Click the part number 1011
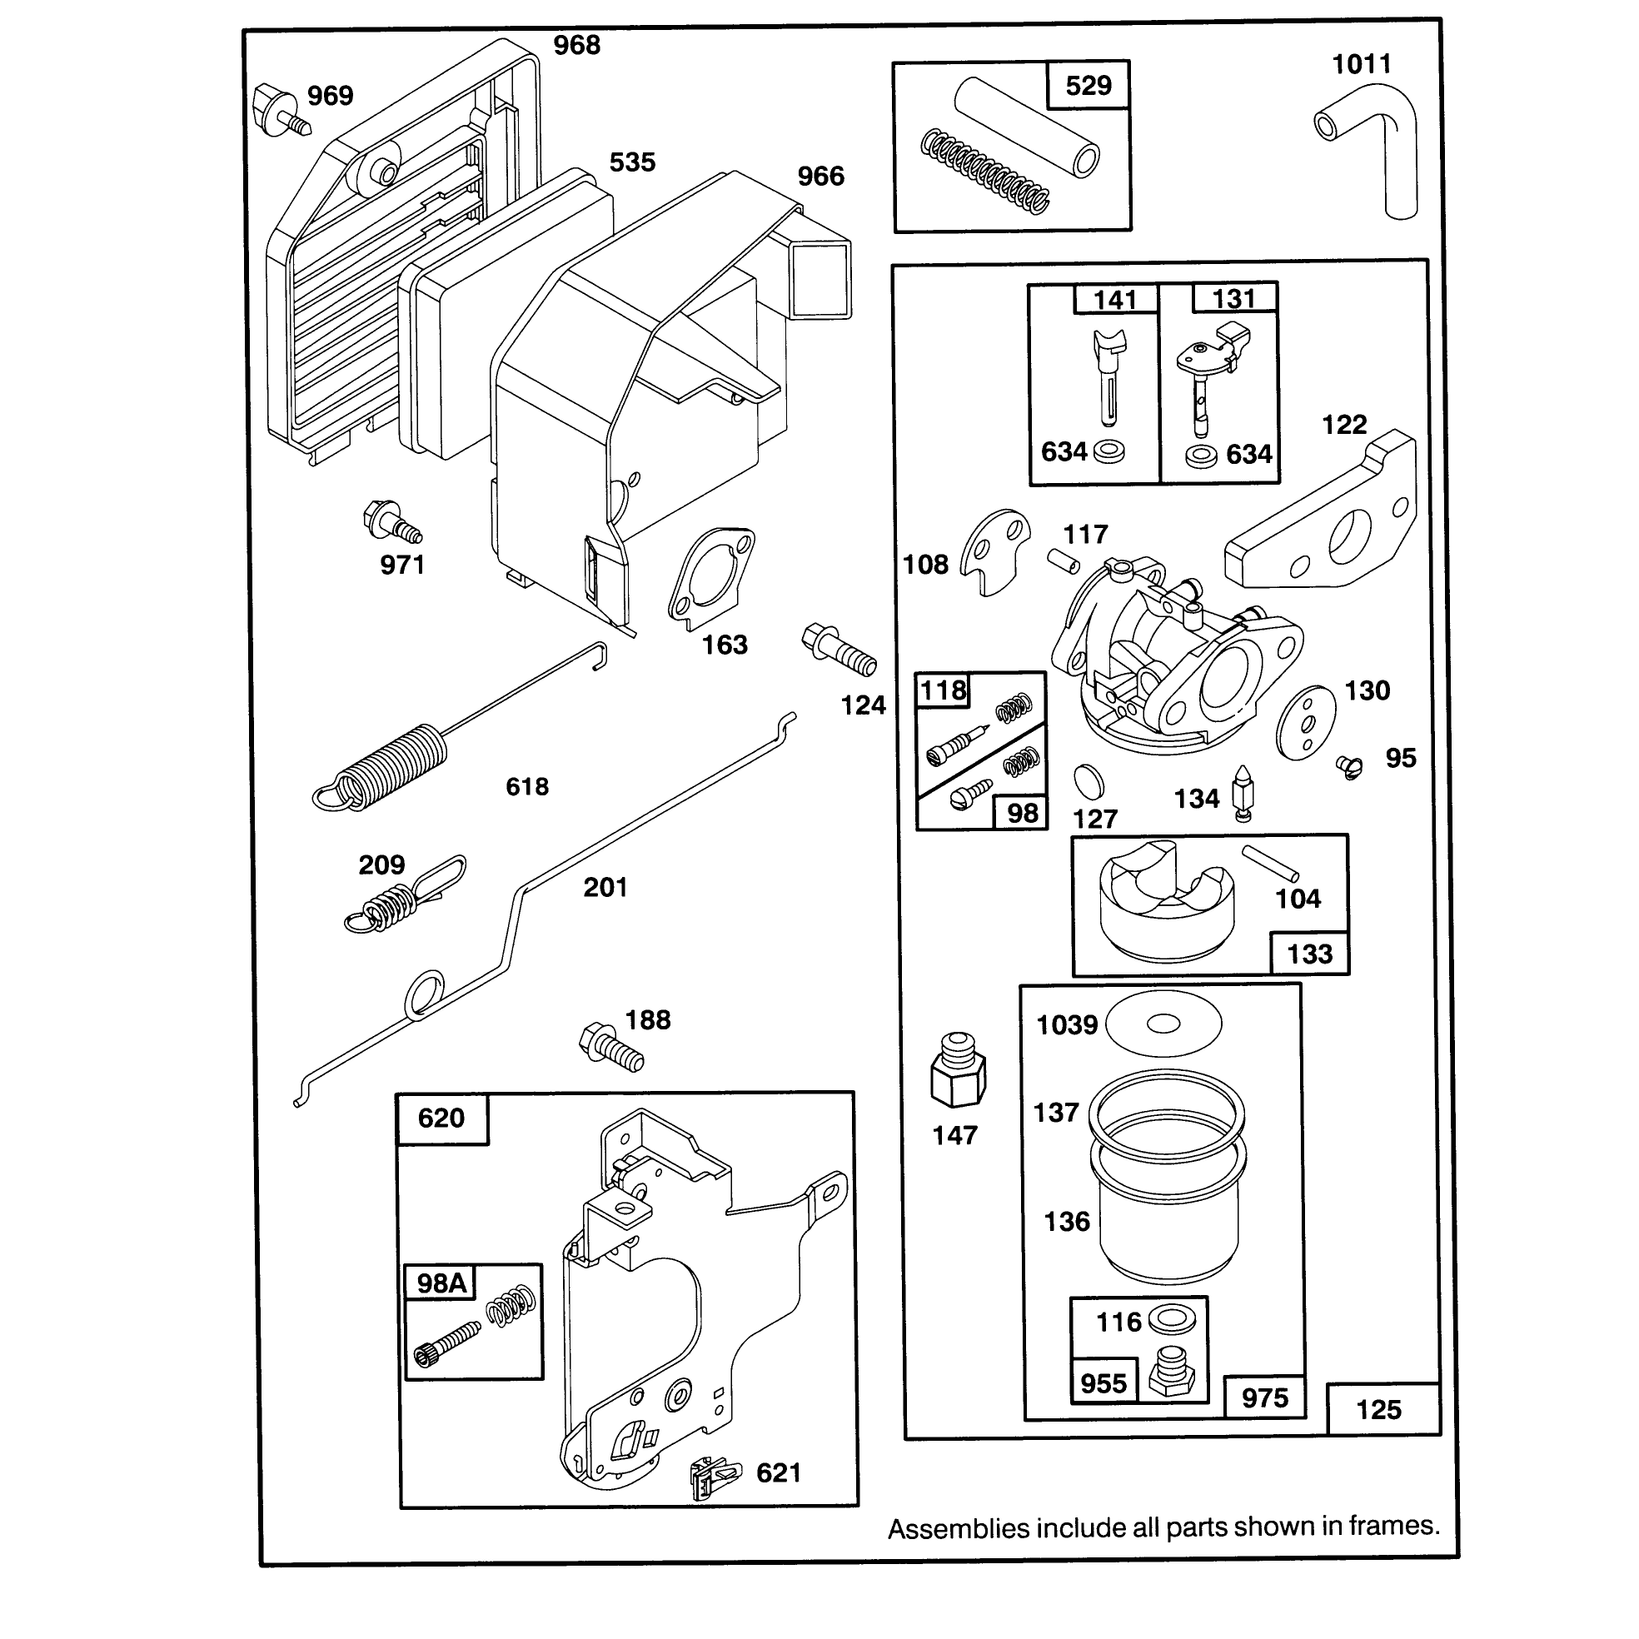coord(1361,64)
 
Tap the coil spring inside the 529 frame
coord(984,172)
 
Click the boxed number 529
coord(1089,86)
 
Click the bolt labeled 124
coord(838,650)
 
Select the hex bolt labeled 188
coord(610,1048)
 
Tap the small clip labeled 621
coord(715,1478)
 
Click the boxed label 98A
coord(441,1283)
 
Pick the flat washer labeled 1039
coord(1164,1024)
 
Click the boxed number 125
coord(1378,1410)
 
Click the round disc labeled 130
coord(1307,723)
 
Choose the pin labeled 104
coord(1271,864)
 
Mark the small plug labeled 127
coord(1089,781)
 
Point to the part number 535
coord(632,162)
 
